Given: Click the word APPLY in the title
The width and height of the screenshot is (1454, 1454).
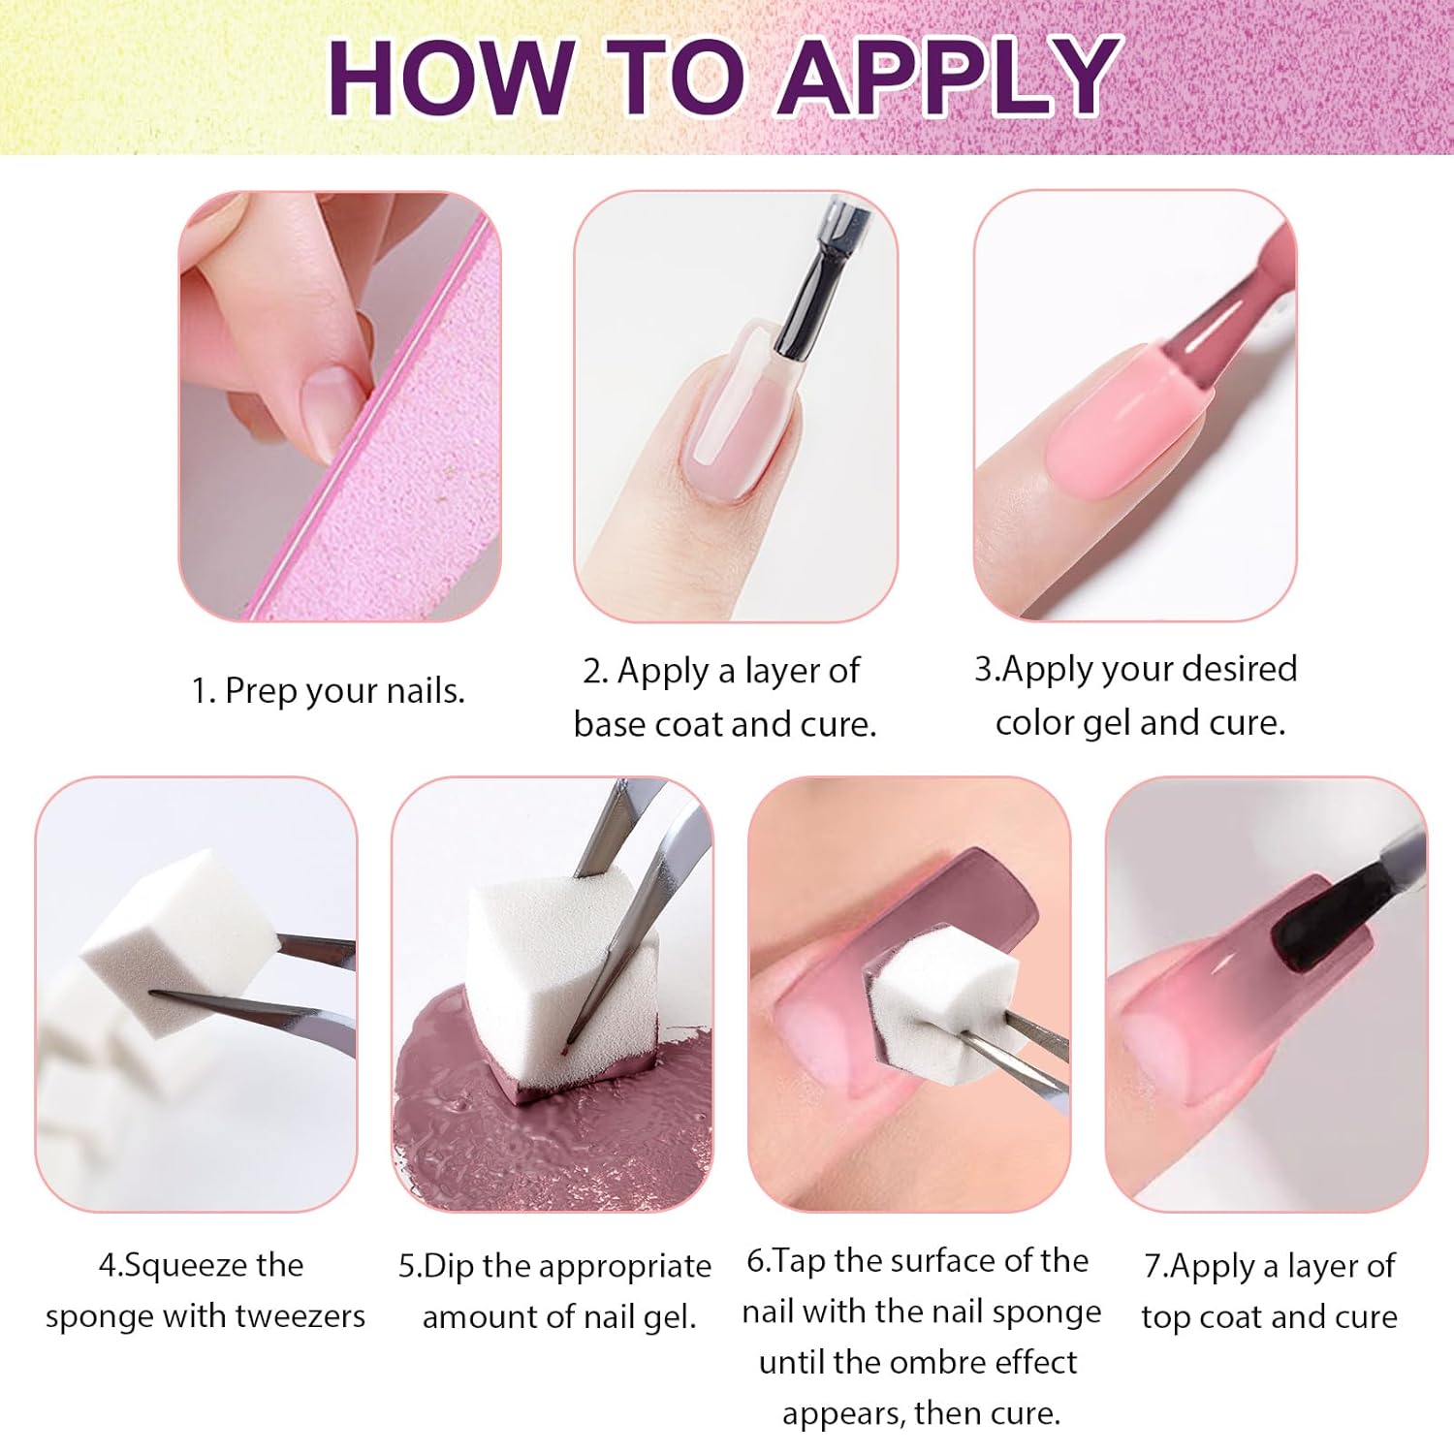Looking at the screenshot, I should click(950, 78).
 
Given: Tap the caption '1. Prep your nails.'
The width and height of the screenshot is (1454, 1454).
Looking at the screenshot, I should click(328, 691).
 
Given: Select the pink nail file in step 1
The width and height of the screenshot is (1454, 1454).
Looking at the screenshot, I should click(407, 456).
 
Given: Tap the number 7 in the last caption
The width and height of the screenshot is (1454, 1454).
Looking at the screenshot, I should click(1153, 1266).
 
